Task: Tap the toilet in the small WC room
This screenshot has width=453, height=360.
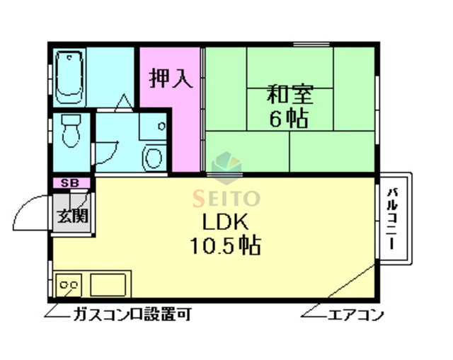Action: click(x=70, y=131)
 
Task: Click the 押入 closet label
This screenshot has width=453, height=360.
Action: click(x=171, y=77)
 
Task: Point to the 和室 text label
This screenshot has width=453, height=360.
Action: click(x=289, y=94)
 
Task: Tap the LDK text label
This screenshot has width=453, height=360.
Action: click(x=225, y=221)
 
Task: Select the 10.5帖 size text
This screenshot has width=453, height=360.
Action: click(x=225, y=246)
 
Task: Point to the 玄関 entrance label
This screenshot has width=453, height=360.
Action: click(x=72, y=215)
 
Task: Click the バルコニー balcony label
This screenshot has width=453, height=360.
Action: click(x=393, y=219)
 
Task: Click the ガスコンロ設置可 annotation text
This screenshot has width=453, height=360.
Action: click(x=131, y=315)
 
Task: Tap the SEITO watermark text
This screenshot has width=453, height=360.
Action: click(x=227, y=199)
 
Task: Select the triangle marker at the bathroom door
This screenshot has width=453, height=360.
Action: click(x=123, y=103)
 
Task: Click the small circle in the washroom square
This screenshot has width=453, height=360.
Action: click(x=161, y=127)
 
